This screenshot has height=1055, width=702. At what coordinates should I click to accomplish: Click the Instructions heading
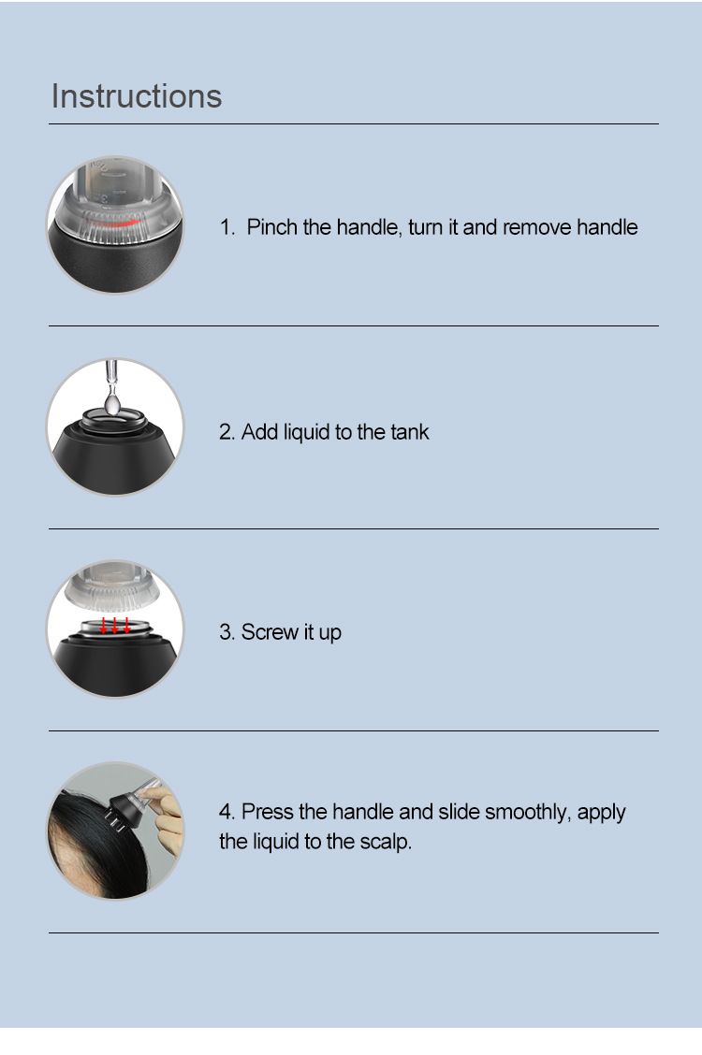tap(137, 96)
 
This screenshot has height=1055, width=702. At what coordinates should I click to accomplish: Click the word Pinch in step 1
tap(272, 227)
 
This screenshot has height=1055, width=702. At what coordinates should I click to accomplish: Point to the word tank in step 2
tap(411, 432)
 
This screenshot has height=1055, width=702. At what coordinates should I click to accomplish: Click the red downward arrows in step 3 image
tap(115, 624)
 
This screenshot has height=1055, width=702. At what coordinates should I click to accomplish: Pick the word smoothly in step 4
tap(526, 812)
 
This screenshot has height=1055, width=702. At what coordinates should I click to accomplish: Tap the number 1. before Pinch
tap(227, 227)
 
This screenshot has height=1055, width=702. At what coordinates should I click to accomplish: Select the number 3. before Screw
tap(227, 632)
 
